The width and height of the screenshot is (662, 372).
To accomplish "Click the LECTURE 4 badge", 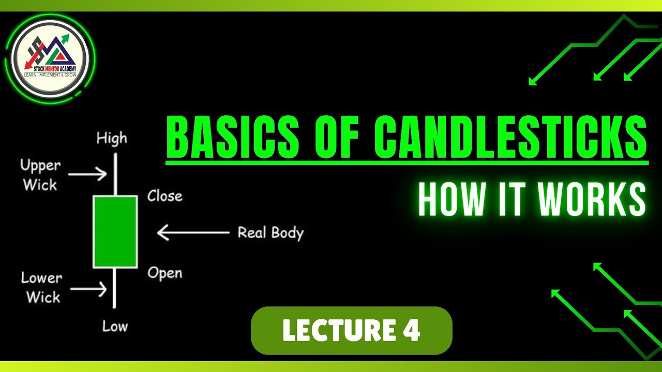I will point(351,331).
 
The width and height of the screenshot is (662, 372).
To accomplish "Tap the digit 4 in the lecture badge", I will point(411,331).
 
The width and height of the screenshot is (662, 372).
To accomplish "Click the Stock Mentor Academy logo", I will point(50,58).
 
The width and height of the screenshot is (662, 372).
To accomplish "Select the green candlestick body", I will point(115,231).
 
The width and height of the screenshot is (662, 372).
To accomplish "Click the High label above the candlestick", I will point(111,138).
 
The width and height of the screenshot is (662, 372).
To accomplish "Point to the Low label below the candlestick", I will point(115,326).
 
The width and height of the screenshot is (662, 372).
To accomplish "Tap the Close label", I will point(165,196).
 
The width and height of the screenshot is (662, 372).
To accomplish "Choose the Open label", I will point(165,273).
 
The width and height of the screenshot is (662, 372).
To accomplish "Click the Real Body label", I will point(270,233).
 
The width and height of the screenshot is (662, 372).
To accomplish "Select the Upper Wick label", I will point(40,175).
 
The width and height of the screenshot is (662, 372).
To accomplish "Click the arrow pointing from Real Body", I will point(193,233).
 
